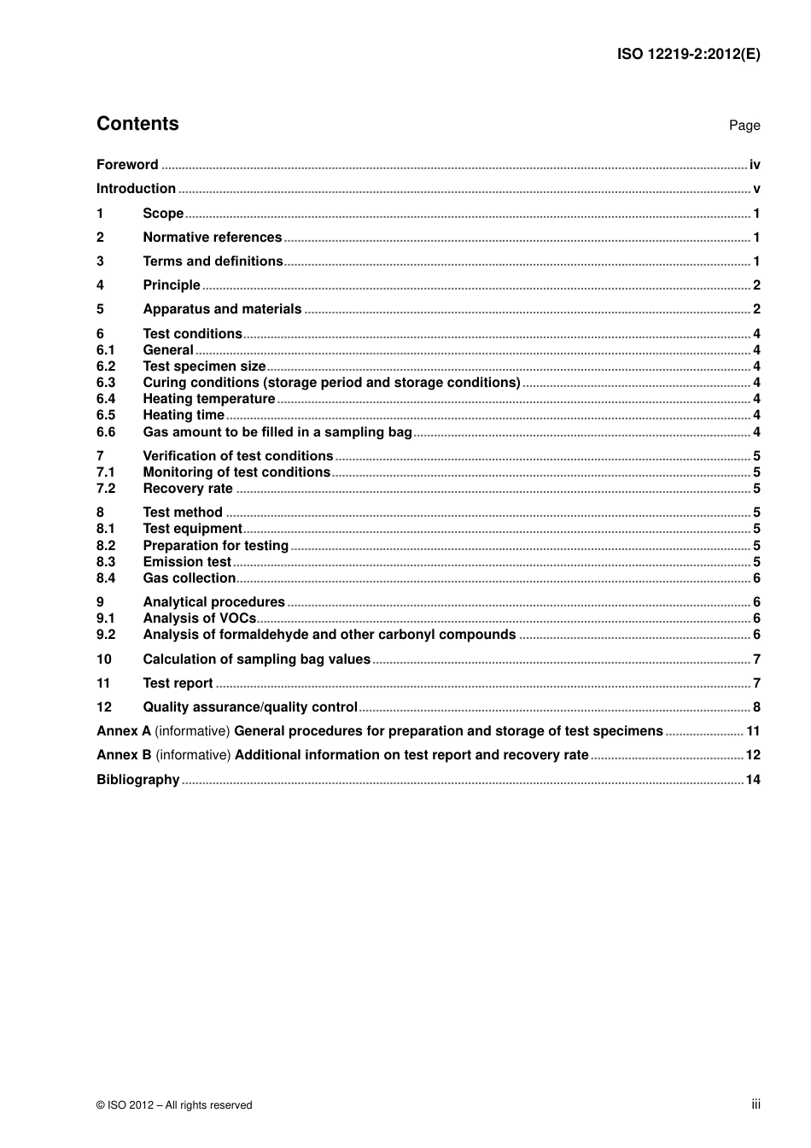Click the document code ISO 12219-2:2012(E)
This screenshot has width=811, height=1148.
pyautogui.click(x=688, y=54)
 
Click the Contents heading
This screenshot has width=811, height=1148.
pyautogui.click(x=137, y=124)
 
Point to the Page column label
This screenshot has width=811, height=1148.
pyautogui.click(x=744, y=126)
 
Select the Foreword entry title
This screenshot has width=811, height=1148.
pyautogui.click(x=127, y=165)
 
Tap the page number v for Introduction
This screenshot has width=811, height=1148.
pyautogui.click(x=756, y=189)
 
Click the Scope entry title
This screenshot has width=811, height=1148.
pyautogui.click(x=163, y=214)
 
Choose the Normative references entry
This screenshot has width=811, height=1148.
pyautogui.click(x=212, y=237)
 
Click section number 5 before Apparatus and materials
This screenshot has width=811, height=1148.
pyautogui.click(x=100, y=309)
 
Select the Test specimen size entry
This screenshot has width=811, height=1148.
pyautogui.click(x=204, y=366)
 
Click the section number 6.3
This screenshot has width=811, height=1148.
pyautogui.click(x=106, y=383)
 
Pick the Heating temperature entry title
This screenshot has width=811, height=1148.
pyautogui.click(x=208, y=399)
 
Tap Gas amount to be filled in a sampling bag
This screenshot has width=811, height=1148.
pyautogui.click(x=277, y=432)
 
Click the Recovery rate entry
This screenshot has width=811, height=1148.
pyautogui.click(x=188, y=489)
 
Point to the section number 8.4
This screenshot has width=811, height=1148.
pyautogui.click(x=106, y=578)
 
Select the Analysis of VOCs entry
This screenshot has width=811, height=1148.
pyautogui.click(x=199, y=618)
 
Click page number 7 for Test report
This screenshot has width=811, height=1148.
pyautogui.click(x=756, y=683)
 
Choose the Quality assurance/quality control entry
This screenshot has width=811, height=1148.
pyautogui.click(x=250, y=707)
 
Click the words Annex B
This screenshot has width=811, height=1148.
pyautogui.click(x=124, y=755)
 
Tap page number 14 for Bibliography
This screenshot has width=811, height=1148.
pyautogui.click(x=752, y=780)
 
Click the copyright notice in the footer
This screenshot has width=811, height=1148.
pyautogui.click(x=174, y=1105)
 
